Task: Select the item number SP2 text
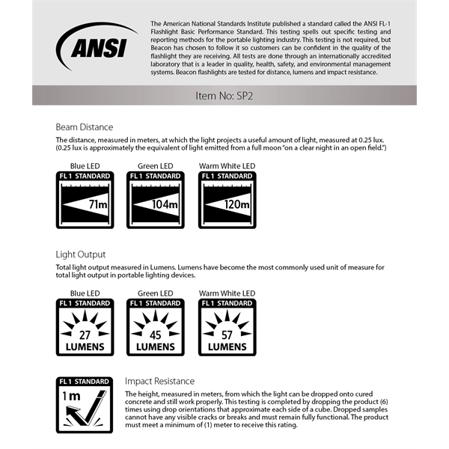click(x=224, y=96)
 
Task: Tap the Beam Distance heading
click(x=85, y=126)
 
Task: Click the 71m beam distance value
click(x=97, y=204)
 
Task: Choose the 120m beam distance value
click(x=238, y=204)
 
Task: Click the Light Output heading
click(x=81, y=254)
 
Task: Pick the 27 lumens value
click(x=85, y=335)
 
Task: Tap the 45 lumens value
click(x=156, y=335)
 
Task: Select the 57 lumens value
click(x=227, y=335)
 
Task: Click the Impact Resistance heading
click(x=159, y=381)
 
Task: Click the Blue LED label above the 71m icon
click(x=84, y=165)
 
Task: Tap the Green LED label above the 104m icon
click(x=156, y=165)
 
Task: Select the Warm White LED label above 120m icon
click(x=227, y=165)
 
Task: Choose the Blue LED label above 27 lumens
click(x=84, y=293)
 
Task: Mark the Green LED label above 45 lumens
click(x=156, y=293)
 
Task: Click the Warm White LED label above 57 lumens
click(x=227, y=293)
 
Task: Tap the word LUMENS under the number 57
click(x=227, y=347)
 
